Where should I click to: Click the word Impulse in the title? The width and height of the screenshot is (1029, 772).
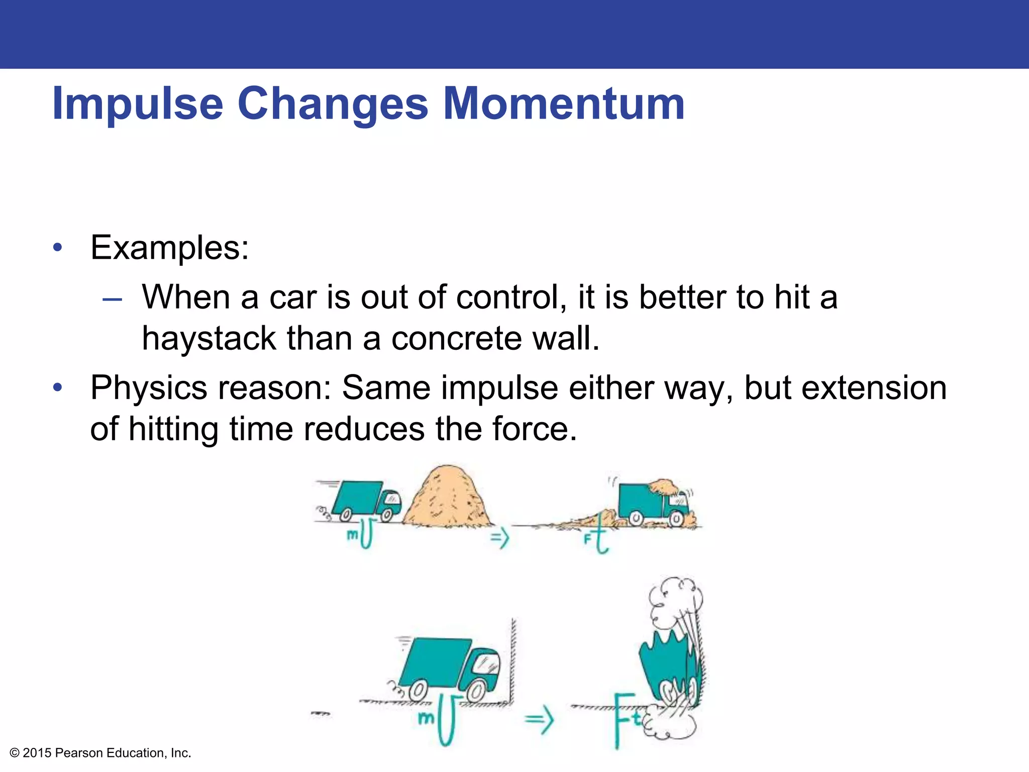click(137, 104)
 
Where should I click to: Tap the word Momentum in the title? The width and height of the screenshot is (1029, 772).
click(564, 104)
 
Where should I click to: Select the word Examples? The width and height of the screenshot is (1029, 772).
click(169, 248)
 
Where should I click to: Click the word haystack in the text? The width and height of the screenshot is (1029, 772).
click(209, 338)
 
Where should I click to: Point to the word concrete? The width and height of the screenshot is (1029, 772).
click(456, 338)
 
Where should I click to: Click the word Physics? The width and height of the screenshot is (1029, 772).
click(148, 389)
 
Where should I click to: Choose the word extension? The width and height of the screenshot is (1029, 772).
click(873, 389)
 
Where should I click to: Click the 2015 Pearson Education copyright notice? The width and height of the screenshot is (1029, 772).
click(100, 753)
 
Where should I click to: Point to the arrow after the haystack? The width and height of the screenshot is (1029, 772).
click(500, 538)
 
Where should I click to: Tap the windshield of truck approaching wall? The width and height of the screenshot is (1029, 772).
click(487, 662)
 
